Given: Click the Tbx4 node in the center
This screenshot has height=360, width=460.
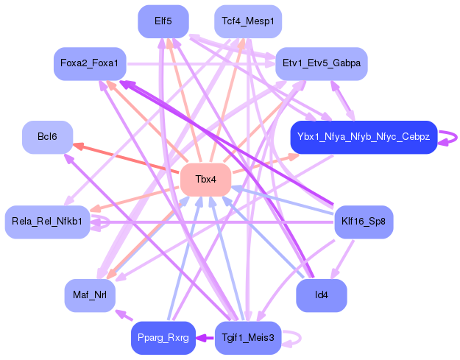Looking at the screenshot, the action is point(205,180).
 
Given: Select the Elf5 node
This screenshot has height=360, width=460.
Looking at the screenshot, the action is point(163,21).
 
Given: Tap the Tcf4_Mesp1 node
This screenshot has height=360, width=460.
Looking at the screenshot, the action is point(248,21).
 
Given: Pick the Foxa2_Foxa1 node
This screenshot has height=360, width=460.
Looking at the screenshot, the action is point(90,63).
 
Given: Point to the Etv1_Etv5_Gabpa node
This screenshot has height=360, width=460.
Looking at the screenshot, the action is point(321,63).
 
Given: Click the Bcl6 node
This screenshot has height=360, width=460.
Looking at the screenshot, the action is point(47,137).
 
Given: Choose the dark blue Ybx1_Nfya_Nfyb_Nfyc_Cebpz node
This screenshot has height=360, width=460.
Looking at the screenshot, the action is point(364,137).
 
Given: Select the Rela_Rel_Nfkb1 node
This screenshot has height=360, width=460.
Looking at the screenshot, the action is point(47,222).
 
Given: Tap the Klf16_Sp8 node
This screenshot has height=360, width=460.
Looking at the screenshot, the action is point(364,222).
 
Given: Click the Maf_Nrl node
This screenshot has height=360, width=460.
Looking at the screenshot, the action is point(90,295).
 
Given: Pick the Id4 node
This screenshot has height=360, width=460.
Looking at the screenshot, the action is point(321,295).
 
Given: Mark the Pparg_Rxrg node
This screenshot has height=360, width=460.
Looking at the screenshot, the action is point(163,338).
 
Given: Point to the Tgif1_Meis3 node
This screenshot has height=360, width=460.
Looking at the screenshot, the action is point(248,338).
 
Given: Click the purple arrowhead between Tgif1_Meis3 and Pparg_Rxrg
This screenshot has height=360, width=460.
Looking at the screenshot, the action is point(200,338).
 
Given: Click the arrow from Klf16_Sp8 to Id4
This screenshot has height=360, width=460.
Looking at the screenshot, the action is point(342,259).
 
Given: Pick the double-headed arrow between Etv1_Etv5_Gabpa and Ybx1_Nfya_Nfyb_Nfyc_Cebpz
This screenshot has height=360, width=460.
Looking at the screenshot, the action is point(343,100).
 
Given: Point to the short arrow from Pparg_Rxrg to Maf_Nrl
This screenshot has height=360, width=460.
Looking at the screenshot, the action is point(124,315).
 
